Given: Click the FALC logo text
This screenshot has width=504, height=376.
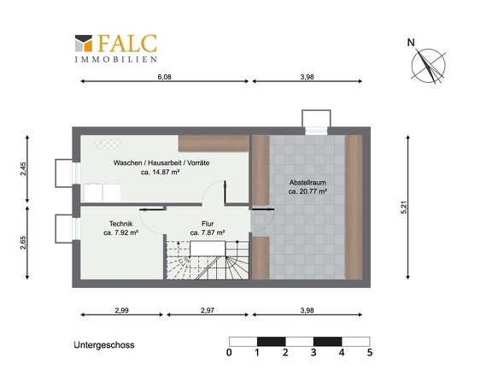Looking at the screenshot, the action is coord(127,44).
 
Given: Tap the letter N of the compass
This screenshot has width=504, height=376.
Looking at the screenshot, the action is coord(411,43).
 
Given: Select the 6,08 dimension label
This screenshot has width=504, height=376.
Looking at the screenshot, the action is coord(164,77).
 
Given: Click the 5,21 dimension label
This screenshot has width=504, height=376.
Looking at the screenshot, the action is coord(404,207).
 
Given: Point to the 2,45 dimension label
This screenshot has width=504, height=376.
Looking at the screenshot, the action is coord(23,168).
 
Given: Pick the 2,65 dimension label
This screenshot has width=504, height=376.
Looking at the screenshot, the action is coord(23,243).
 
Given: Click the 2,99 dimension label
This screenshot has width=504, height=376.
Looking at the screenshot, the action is coord(122,310).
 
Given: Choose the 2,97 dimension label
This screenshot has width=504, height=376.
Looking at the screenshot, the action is coord(208,310).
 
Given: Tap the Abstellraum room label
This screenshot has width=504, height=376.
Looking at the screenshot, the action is coord(308,182).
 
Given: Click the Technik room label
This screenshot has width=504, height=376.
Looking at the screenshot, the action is coord(120,224).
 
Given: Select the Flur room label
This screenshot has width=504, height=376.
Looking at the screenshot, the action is coord(208,224).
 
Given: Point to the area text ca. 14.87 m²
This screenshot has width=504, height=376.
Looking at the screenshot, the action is coord(160,172).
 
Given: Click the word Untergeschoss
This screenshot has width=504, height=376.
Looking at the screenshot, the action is coord(104,345).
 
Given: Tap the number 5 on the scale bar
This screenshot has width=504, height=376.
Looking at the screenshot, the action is coord(370,353).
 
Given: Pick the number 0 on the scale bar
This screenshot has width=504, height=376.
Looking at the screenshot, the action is coord(229,353).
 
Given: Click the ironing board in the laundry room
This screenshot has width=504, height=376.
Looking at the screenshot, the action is coord(108,144).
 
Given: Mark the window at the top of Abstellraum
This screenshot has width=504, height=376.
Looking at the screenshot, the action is coord(316,131).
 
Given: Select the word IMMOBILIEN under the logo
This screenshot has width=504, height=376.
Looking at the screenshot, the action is coord(116,60).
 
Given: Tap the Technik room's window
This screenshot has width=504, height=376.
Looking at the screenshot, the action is coord(77,228).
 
